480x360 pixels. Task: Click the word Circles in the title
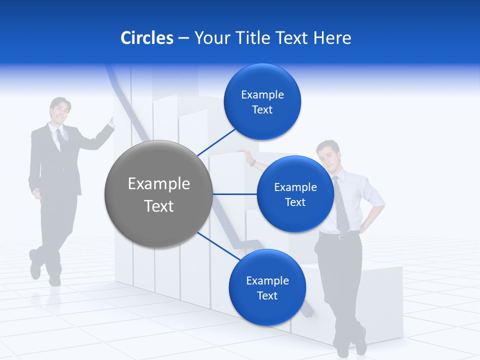pyautogui.click(x=147, y=38)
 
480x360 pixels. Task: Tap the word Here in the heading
pyautogui.click(x=332, y=38)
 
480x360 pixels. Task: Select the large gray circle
pyautogui.click(x=159, y=194)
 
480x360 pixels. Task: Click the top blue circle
pyautogui.click(x=262, y=101)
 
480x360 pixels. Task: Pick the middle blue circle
pyautogui.click(x=295, y=194)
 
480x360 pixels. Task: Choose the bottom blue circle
pyautogui.click(x=267, y=287)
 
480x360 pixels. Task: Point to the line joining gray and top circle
pyautogui.click(x=216, y=142)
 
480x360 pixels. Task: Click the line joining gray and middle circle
pyautogui.click(x=235, y=194)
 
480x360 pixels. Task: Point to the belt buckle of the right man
pyautogui.click(x=341, y=236)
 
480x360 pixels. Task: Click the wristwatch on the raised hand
pyautogui.click(x=253, y=162)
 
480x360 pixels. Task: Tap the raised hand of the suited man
pyautogui.click(x=111, y=121)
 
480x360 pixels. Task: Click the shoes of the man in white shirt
pyautogui.click(x=352, y=346)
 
